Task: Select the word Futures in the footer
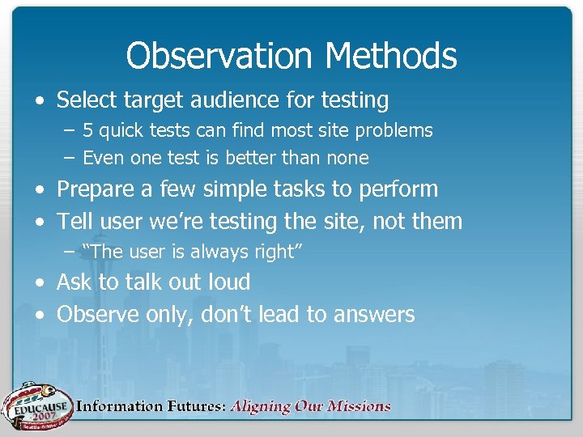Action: pyautogui.click(x=192, y=406)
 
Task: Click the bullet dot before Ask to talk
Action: pyautogui.click(x=40, y=283)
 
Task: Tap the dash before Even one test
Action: pyautogui.click(x=69, y=158)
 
